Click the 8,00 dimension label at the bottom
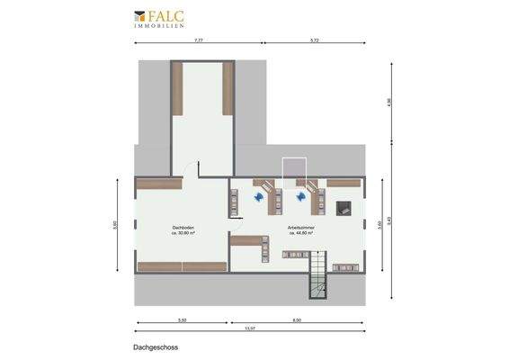click(297, 319)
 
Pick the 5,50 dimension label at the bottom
click(182, 319)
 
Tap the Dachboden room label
click(183, 227)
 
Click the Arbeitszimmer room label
click(299, 227)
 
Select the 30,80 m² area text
click(183, 232)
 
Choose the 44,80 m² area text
click(299, 232)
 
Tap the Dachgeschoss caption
click(151, 346)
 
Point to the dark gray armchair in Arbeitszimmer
click(342, 208)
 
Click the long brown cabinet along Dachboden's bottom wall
click(183, 266)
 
